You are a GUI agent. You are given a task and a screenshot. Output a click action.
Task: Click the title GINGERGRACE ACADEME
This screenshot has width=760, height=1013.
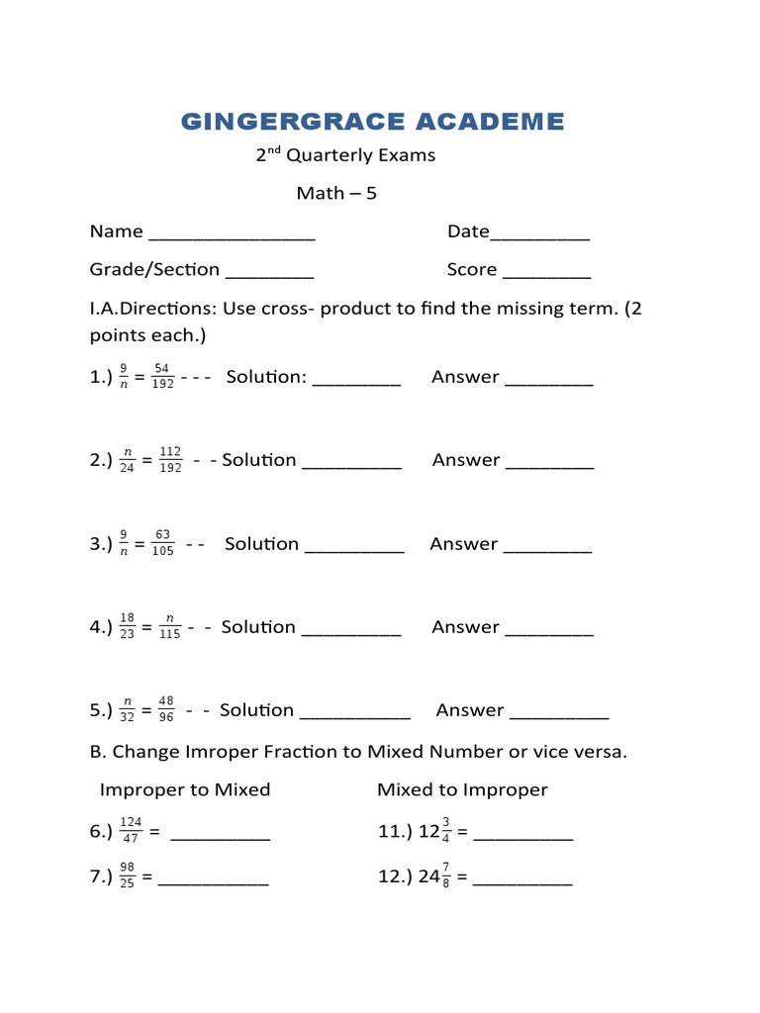[372, 122]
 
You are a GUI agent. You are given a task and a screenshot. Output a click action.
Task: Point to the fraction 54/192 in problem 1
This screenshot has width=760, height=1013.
[164, 377]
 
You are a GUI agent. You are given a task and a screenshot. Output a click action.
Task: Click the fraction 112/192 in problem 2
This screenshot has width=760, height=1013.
[169, 460]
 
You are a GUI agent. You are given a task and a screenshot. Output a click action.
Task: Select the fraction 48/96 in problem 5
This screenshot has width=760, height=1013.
[165, 710]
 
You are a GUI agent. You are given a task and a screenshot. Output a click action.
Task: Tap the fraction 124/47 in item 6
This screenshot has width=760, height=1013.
[131, 832]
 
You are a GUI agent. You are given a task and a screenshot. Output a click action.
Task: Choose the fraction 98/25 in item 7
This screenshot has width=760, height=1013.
[127, 876]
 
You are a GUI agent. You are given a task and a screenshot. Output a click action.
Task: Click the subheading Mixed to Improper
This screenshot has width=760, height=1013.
[462, 789]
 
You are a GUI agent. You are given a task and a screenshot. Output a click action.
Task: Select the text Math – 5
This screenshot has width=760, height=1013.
[336, 193]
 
